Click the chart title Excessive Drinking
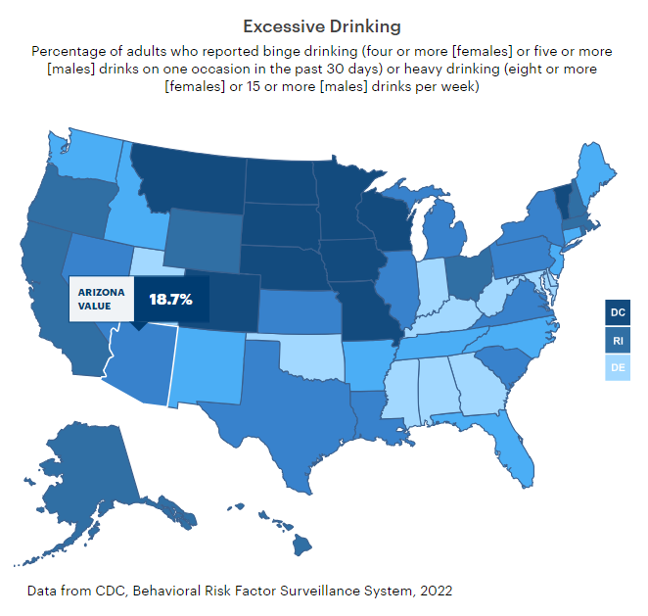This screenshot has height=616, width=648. [x=322, y=24]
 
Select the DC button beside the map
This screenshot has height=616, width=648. [x=618, y=313]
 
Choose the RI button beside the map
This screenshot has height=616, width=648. [x=618, y=341]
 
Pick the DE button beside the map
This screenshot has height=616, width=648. [x=618, y=369]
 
